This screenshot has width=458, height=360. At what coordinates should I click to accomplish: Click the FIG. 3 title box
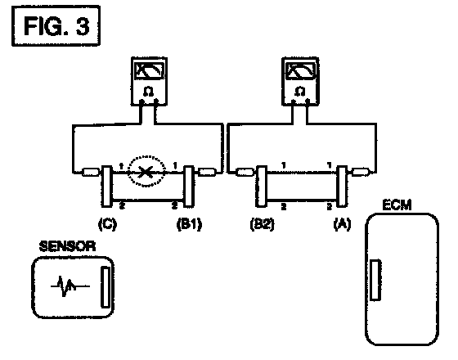[x=56, y=25]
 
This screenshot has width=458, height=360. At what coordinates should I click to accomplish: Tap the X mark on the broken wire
[x=145, y=172]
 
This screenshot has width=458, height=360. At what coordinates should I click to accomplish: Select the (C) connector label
[x=107, y=224]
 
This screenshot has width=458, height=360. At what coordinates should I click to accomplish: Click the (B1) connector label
[x=189, y=224]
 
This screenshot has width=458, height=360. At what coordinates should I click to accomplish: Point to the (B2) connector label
[x=262, y=224]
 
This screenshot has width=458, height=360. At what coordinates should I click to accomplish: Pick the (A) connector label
[x=342, y=224]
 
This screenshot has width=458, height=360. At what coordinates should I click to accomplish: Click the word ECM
[x=397, y=205]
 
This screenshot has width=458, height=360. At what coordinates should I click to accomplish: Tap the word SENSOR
[x=67, y=246]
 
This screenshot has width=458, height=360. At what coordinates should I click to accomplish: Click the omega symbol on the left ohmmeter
[x=149, y=92]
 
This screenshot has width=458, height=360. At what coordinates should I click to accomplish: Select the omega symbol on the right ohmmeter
[x=300, y=91]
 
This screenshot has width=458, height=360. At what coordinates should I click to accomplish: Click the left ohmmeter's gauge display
[x=149, y=70]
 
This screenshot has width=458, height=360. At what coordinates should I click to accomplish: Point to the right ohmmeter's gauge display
[x=301, y=70]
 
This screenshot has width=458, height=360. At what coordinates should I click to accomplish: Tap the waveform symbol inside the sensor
[x=70, y=286]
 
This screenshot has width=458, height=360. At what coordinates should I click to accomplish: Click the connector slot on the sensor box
[x=106, y=286]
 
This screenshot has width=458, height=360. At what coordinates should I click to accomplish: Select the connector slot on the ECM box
[x=375, y=280]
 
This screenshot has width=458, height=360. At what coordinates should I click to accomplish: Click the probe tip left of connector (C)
[x=91, y=173]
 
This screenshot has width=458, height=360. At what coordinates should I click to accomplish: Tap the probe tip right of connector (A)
[x=361, y=172]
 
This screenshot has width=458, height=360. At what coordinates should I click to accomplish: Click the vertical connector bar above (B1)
[x=189, y=187]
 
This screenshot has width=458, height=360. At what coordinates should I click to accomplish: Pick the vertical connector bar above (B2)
[x=262, y=187]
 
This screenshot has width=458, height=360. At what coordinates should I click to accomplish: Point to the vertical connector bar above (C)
[x=106, y=187]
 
